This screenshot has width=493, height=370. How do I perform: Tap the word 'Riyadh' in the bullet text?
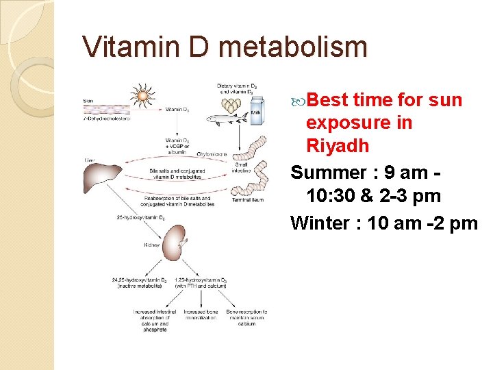click(338, 146)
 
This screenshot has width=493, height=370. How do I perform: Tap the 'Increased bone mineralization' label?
click(200, 316)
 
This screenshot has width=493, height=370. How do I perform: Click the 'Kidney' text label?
click(152, 245)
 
